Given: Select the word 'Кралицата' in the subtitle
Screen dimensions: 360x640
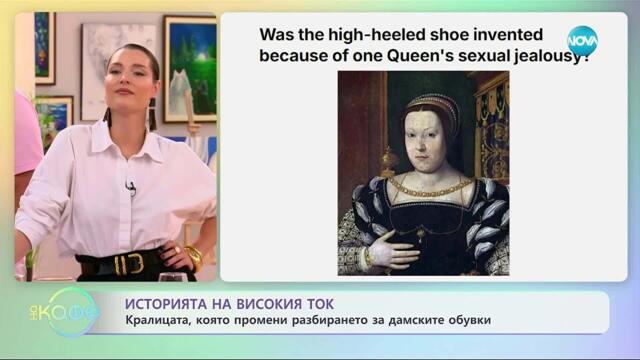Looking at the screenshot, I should pos(162,320).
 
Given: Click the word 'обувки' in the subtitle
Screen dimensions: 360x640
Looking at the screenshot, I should pos(467,320).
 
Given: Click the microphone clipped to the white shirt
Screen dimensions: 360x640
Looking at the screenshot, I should pos(131,188).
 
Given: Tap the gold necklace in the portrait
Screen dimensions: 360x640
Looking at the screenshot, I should pos(426,189).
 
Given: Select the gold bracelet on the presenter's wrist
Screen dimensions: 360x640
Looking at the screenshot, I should pos(193,257).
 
